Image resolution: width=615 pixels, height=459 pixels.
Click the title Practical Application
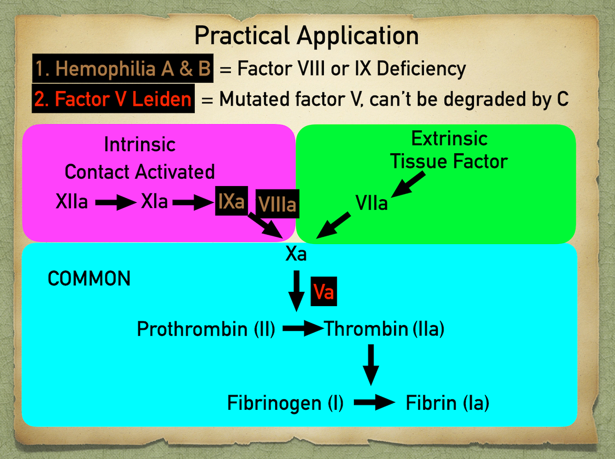(306, 36)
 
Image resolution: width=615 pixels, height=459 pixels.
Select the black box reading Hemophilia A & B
(123, 68)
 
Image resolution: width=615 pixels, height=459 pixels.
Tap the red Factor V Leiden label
(113, 99)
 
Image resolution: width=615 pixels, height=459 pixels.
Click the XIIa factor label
(72, 202)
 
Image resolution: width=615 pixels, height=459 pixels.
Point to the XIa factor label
(155, 202)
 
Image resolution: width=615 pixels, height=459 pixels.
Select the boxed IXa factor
(231, 201)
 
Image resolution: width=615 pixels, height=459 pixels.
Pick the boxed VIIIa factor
(277, 204)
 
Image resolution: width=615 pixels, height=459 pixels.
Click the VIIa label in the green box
(371, 203)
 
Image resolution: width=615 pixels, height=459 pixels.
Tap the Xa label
(296, 254)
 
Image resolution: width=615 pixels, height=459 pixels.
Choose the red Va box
(323, 292)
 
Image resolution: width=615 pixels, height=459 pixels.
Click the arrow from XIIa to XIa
(116, 202)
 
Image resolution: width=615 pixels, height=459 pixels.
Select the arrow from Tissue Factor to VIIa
(408, 185)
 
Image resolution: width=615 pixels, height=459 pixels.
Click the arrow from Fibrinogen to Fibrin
(374, 402)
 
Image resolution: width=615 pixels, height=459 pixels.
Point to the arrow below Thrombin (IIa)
(371, 364)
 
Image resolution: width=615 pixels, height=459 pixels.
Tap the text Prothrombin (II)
(206, 329)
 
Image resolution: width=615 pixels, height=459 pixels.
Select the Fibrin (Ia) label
(447, 403)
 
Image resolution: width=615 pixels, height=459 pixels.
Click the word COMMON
(89, 279)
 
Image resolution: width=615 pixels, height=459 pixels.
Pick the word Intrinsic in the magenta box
(140, 144)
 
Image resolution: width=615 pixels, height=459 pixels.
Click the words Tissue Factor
(449, 161)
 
